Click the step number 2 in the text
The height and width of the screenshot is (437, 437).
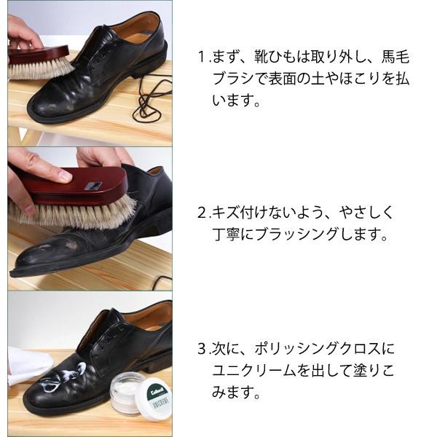click(x=202, y=213)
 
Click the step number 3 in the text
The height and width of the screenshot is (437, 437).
click(x=202, y=348)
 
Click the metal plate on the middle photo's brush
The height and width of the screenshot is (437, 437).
click(x=93, y=186)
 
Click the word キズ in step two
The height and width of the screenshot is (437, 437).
click(x=223, y=213)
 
